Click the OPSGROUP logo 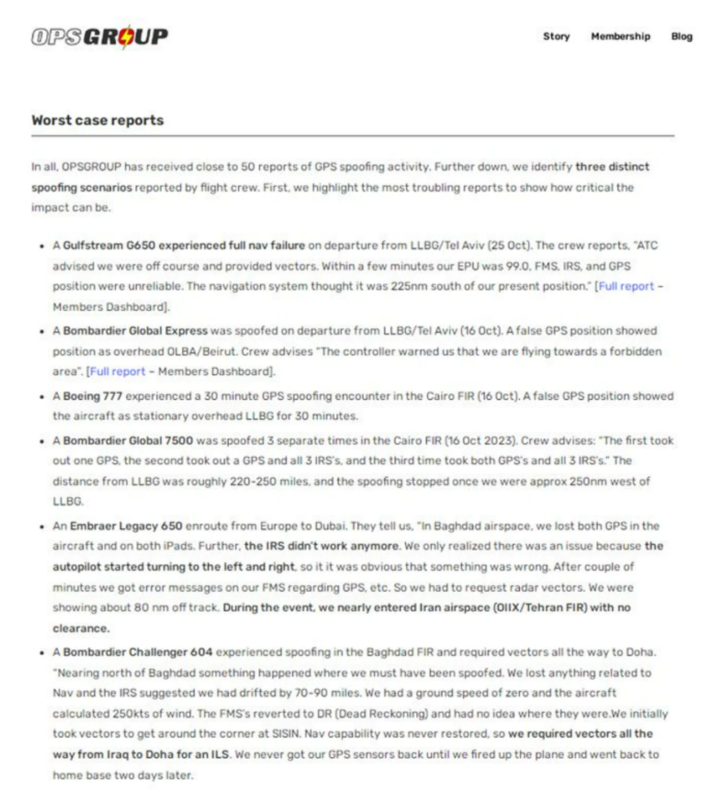pos(100,37)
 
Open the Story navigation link pos(556,36)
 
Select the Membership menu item pos(620,36)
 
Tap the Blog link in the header pos(682,36)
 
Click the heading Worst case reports pos(97,120)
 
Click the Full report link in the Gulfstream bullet pos(626,286)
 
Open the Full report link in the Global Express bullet pos(117,372)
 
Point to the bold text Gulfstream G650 pos(109,246)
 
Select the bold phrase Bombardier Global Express pos(135,331)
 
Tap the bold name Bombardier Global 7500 pos(128,441)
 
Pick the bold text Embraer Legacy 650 pos(126,526)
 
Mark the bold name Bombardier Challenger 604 pos(138,652)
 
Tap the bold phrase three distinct pos(612,167)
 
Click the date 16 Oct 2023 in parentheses pos(481,441)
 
